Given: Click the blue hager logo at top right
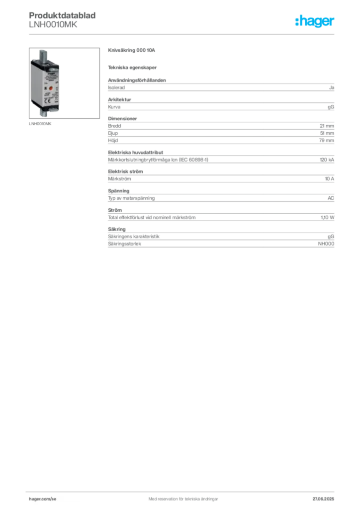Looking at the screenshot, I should [x=315, y=22].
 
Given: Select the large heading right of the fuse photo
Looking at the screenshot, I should [x=133, y=51].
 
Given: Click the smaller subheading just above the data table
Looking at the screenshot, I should [x=133, y=67].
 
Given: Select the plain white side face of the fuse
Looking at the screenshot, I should [x=34, y=85].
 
